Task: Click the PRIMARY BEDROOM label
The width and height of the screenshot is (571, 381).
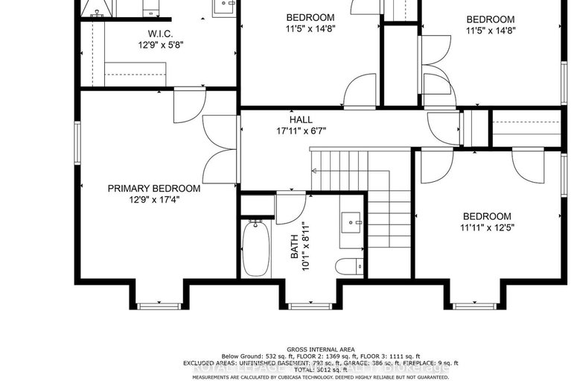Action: pos(153,189)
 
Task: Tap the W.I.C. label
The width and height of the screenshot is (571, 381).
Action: pos(161,34)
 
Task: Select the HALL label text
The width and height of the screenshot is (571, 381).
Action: pos(301,119)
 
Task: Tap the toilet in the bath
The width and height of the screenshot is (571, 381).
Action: pos(348,266)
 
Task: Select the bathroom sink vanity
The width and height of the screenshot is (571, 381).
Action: pos(351,222)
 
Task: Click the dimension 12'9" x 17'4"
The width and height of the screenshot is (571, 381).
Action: pos(153,200)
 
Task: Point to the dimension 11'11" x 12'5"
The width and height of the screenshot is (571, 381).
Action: pos(488,227)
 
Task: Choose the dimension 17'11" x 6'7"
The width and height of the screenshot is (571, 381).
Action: pos(301,130)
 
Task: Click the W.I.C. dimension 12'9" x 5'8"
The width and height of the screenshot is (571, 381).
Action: pos(161,44)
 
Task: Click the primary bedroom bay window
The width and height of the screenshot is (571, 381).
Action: pos(159,305)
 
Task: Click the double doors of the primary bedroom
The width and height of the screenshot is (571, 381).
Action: pos(220,149)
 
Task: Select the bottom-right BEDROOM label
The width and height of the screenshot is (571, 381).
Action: pos(486,216)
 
